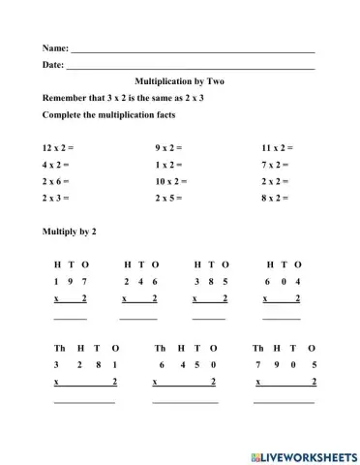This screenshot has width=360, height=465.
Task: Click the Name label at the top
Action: click(55, 47)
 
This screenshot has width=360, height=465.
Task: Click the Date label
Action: click(53, 65)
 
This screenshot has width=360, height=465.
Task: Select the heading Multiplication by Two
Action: click(179, 82)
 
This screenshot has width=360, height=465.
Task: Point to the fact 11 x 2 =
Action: click(278, 148)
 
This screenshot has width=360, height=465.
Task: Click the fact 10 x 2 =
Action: click(171, 181)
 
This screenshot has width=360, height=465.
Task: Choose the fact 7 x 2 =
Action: click(276, 165)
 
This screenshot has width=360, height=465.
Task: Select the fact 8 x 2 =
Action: click(276, 198)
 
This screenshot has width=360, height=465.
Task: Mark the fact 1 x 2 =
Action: click(168, 165)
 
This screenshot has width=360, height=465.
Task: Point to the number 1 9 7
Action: click(71, 281)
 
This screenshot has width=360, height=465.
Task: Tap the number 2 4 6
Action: click(140, 281)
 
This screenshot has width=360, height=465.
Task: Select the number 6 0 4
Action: click(282, 281)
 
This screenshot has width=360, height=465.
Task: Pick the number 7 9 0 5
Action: click(285, 365)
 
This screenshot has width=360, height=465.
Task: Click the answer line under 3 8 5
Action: click(209, 317)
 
